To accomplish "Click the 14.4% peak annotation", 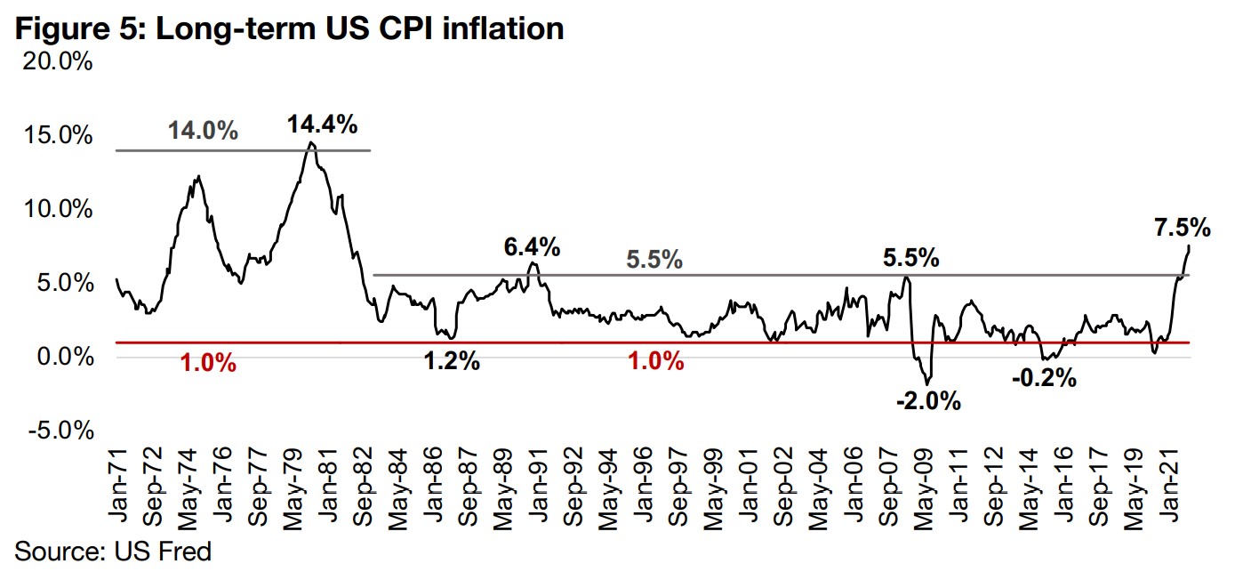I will (x=322, y=125).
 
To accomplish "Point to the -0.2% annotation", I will (x=1045, y=378).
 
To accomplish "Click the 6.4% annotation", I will (x=532, y=246).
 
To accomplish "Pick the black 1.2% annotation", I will (x=452, y=362).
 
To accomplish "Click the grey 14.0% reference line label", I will (x=204, y=132).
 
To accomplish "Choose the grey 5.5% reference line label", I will (x=654, y=261).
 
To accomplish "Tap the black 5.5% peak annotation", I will (x=910, y=259).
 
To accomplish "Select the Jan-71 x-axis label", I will (x=122, y=493).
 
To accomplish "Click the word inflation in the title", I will (x=509, y=28).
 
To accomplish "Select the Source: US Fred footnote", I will (x=113, y=552).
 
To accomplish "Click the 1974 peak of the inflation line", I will (x=197, y=176).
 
